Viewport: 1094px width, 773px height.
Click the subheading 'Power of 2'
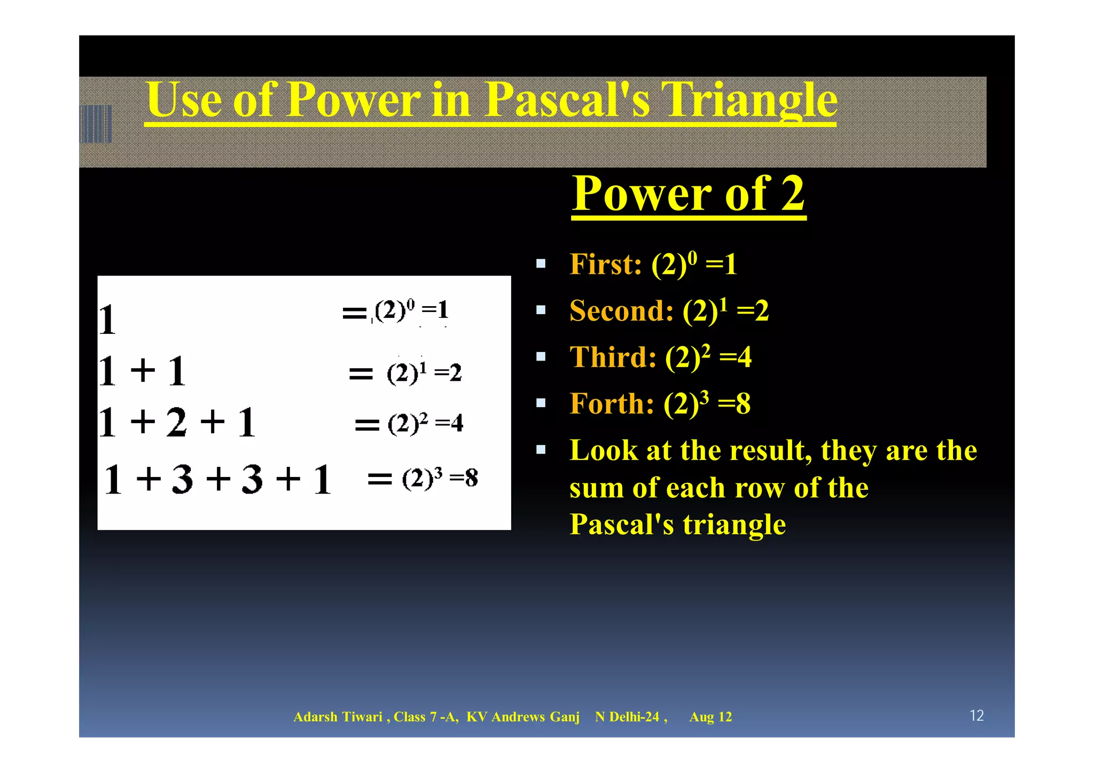688,194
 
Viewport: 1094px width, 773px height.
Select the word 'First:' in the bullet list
606,264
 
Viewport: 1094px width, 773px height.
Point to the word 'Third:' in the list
613,357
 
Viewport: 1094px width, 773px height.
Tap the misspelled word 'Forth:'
612,404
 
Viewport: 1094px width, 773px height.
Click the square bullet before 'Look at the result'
541,449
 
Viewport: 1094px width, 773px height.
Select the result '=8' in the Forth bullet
734,404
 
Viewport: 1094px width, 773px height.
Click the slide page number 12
976,715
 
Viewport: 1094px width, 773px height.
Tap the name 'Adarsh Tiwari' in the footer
338,717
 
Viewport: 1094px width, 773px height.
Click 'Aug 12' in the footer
710,717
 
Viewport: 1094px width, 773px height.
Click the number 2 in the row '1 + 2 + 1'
176,423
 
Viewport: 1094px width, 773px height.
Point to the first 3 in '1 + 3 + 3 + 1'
182,479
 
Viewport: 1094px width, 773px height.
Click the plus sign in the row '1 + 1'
143,370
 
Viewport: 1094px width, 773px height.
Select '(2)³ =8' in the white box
440,478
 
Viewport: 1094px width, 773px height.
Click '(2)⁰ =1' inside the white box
411,310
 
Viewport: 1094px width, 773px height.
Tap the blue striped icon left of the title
96,124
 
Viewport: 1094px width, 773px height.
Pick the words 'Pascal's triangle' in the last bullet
677,525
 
